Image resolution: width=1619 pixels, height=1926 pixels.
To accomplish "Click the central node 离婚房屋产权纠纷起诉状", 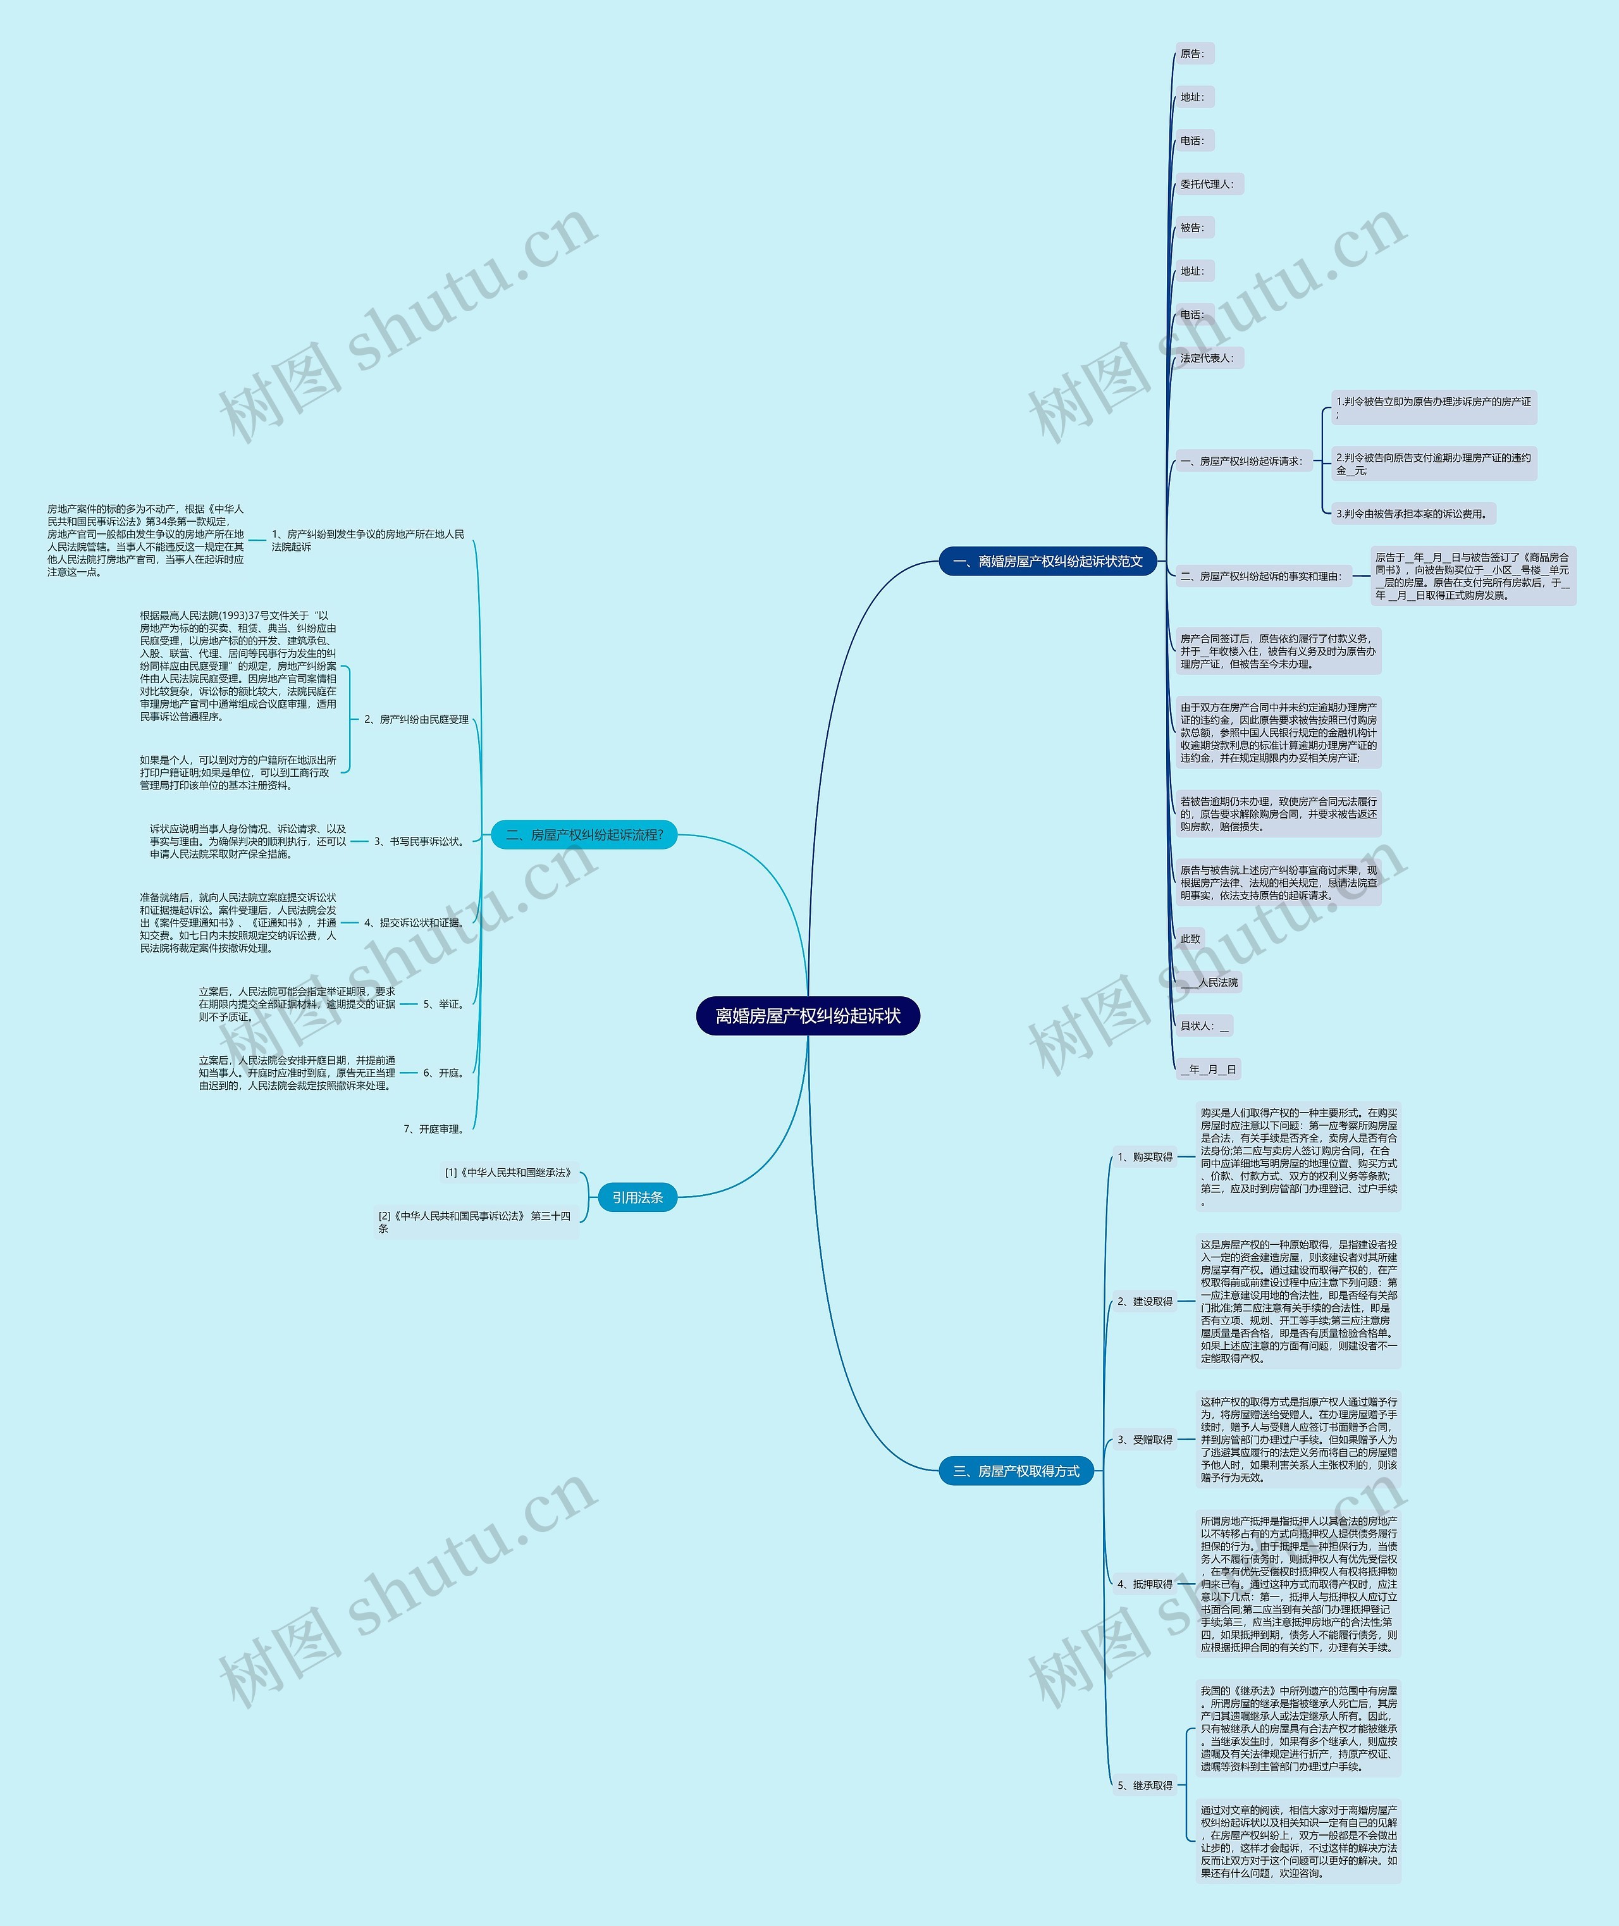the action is pyautogui.click(x=808, y=1015).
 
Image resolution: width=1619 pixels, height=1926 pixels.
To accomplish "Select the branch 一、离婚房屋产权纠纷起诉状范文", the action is pyautogui.click(x=1047, y=561).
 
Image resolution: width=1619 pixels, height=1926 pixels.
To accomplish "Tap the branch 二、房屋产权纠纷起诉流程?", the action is pyautogui.click(x=584, y=834).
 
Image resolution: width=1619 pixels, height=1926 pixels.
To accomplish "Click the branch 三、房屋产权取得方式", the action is pyautogui.click(x=1016, y=1471).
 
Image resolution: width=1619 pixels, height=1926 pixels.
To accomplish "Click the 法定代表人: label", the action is pyautogui.click(x=1208, y=358).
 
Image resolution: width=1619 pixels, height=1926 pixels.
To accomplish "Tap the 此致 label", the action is pyautogui.click(x=1190, y=938).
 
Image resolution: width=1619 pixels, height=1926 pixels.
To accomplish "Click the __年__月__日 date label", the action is pyautogui.click(x=1209, y=1068).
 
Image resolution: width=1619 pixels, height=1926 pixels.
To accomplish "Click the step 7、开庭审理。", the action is pyautogui.click(x=434, y=1129).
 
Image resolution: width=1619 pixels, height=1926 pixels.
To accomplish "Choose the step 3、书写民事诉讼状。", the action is pyautogui.click(x=419, y=841).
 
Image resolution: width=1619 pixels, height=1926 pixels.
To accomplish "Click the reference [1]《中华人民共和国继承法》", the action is pyautogui.click(x=508, y=1172).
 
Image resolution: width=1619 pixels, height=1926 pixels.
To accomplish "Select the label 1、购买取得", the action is pyautogui.click(x=1145, y=1157).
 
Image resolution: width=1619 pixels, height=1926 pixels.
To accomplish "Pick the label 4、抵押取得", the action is pyautogui.click(x=1145, y=1584).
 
